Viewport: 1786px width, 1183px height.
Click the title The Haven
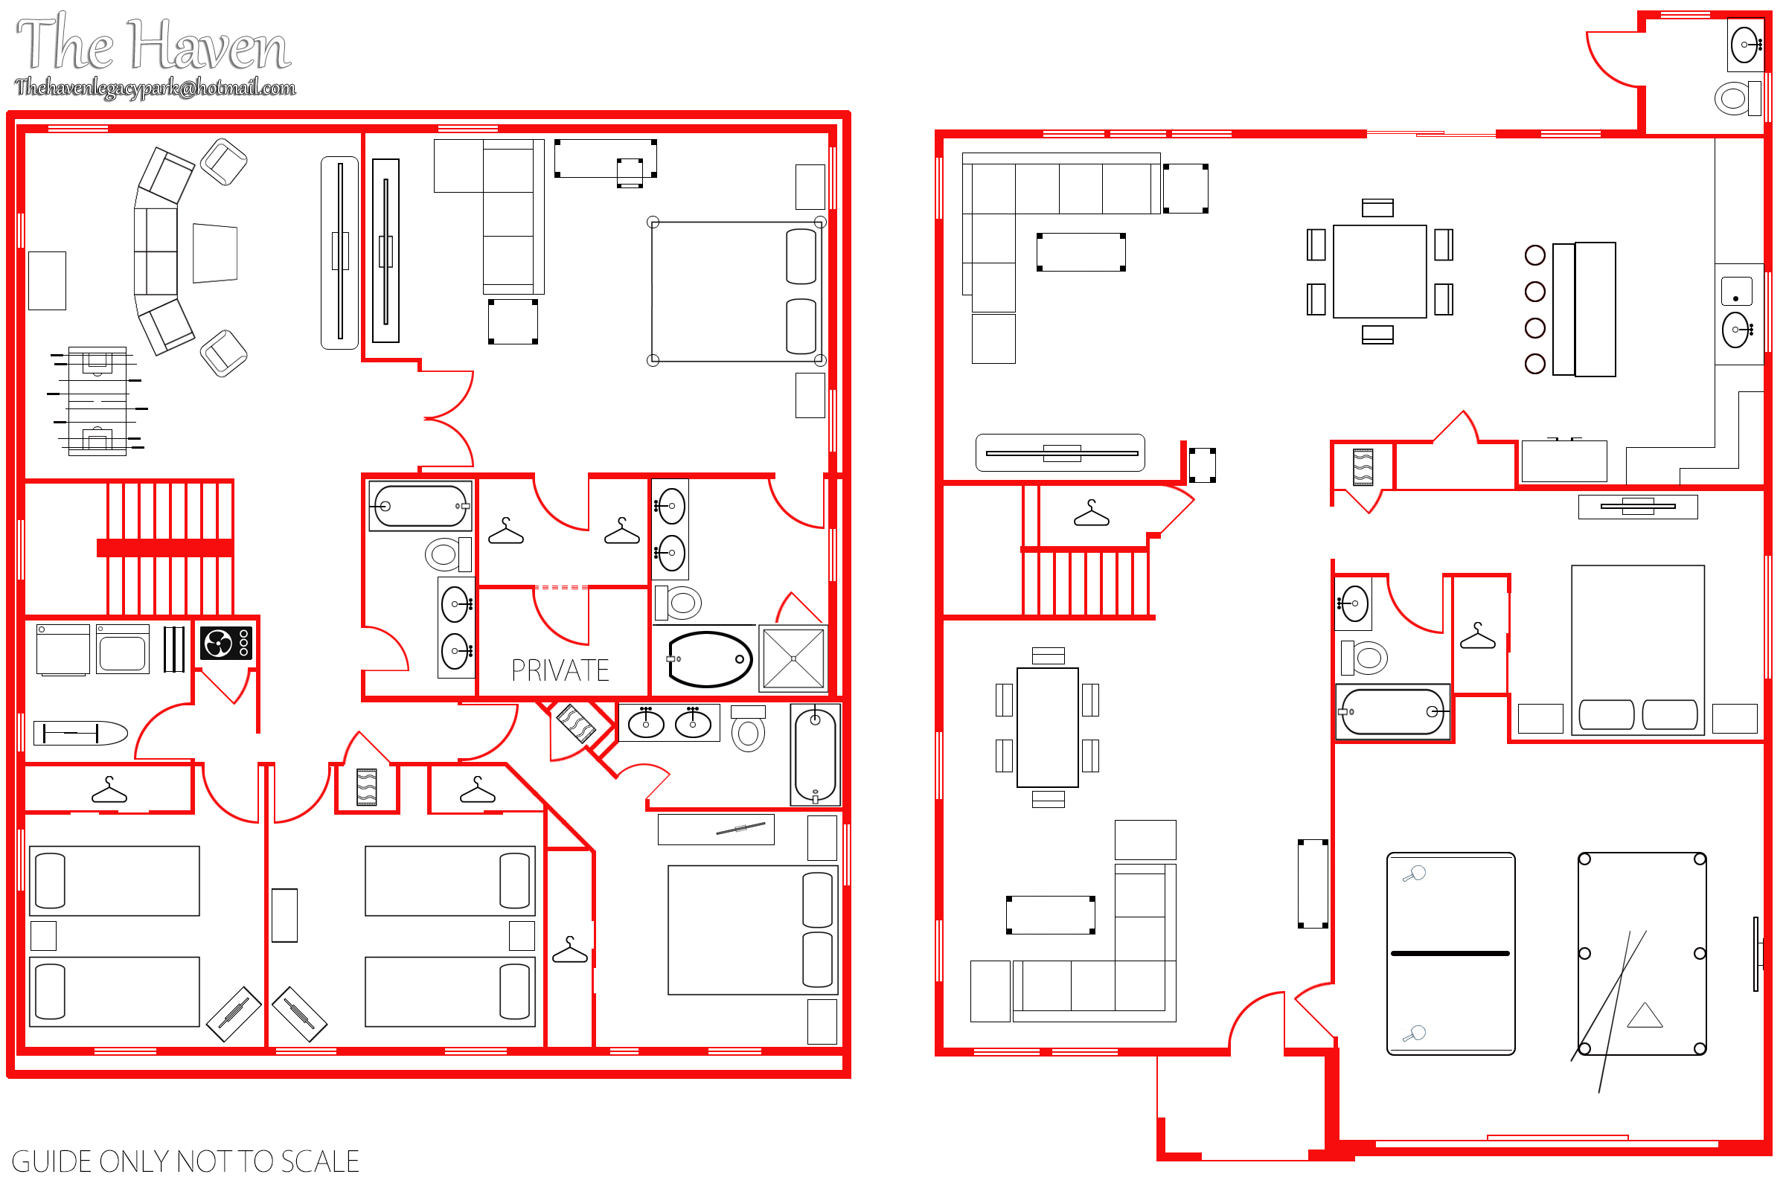coord(153,44)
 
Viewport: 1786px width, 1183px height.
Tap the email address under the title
coord(156,88)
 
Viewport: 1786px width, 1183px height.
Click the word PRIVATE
coord(560,670)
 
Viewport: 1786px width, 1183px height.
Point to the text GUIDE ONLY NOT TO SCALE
coord(185,1161)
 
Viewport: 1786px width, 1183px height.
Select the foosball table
coord(97,401)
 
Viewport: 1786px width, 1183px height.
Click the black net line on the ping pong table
coord(1450,954)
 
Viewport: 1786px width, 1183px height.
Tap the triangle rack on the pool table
coord(1645,1016)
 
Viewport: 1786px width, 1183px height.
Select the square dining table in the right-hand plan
coord(1379,272)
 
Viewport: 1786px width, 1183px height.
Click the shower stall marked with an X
coord(793,658)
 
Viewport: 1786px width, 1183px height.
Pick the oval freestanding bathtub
coord(709,659)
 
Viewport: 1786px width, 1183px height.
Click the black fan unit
coord(226,644)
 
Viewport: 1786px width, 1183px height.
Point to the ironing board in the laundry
coord(80,733)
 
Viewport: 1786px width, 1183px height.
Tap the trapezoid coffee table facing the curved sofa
coord(215,253)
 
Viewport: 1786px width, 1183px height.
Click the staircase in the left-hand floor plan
coord(169,548)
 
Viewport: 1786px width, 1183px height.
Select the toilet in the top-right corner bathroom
coord(1738,98)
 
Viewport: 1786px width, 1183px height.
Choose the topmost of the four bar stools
coord(1534,255)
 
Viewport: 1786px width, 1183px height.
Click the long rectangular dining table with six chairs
coord(1047,728)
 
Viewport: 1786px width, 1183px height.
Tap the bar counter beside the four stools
coord(1584,310)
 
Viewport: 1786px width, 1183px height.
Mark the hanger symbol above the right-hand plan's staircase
coord(1091,513)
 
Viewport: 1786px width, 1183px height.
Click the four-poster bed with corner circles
coord(737,292)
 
